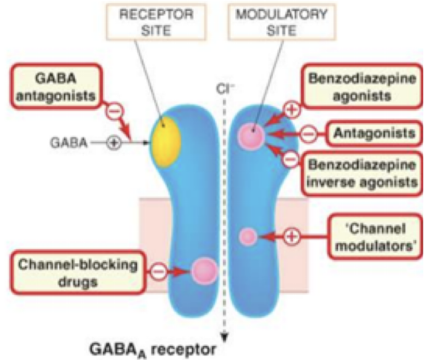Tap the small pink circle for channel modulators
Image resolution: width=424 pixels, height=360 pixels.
[248, 237]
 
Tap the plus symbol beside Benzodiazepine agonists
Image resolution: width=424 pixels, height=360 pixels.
[291, 109]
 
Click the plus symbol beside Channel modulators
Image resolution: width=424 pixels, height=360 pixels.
[291, 236]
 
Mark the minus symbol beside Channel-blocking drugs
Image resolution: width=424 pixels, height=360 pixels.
[158, 271]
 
